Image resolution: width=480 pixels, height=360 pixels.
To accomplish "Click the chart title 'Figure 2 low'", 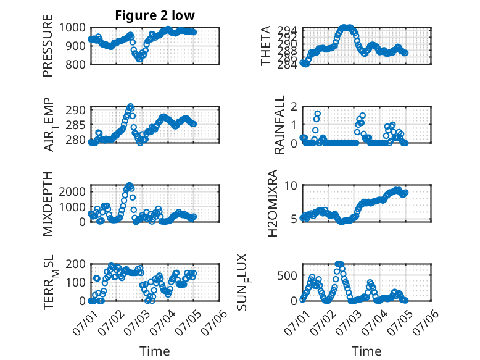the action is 155,15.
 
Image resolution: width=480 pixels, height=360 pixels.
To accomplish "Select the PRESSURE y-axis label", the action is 48,46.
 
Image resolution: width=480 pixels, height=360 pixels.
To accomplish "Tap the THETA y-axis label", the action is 265,46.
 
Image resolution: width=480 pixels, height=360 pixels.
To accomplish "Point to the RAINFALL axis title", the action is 279,125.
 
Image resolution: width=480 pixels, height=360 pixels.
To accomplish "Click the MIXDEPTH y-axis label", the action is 48,203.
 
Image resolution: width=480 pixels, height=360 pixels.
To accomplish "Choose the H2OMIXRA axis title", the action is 272,203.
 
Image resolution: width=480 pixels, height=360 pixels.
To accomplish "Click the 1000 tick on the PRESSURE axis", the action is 72,28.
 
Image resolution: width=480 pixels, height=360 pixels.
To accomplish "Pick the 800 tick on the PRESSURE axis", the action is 75,64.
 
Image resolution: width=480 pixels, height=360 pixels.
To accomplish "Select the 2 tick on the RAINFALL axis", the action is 294,107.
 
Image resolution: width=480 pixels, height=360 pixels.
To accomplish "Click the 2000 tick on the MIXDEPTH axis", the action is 72,192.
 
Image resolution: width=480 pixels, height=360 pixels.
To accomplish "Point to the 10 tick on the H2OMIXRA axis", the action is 291,185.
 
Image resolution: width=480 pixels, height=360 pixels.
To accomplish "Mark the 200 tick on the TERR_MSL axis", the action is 75,264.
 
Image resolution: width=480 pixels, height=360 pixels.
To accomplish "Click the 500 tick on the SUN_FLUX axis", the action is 287,276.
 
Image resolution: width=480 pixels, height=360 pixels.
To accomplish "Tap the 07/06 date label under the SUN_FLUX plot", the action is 426,322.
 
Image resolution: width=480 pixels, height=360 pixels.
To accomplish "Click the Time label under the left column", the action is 155,351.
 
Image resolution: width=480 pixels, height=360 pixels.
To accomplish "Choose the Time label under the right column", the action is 366,351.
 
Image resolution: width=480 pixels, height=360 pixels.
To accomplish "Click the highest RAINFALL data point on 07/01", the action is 318,114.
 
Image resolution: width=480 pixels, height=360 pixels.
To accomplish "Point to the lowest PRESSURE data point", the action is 139,59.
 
